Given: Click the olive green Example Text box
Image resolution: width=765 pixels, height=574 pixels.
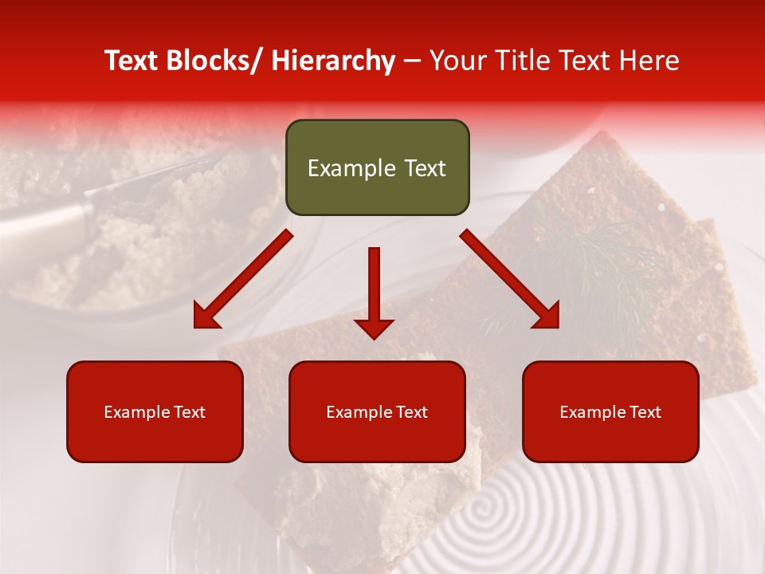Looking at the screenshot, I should [377, 167].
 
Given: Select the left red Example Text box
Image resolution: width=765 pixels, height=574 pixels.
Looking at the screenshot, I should [155, 411].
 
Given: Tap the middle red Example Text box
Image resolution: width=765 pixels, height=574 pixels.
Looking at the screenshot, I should [377, 411].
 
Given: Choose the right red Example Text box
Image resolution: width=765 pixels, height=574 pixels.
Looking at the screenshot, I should [610, 411].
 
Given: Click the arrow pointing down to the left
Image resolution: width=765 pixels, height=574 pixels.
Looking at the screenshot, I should [243, 279].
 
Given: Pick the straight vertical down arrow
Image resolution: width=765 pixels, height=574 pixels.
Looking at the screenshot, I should [374, 287].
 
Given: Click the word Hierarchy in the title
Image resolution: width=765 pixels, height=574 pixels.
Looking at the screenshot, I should [333, 61].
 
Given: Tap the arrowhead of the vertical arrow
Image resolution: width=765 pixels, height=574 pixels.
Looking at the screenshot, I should [374, 327].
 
